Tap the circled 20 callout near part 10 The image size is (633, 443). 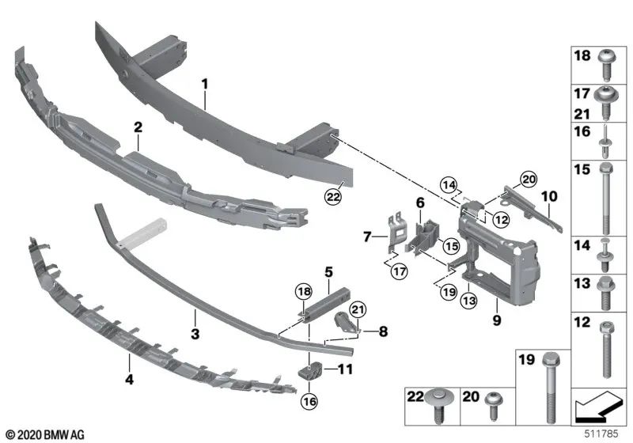(x=529, y=177)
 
